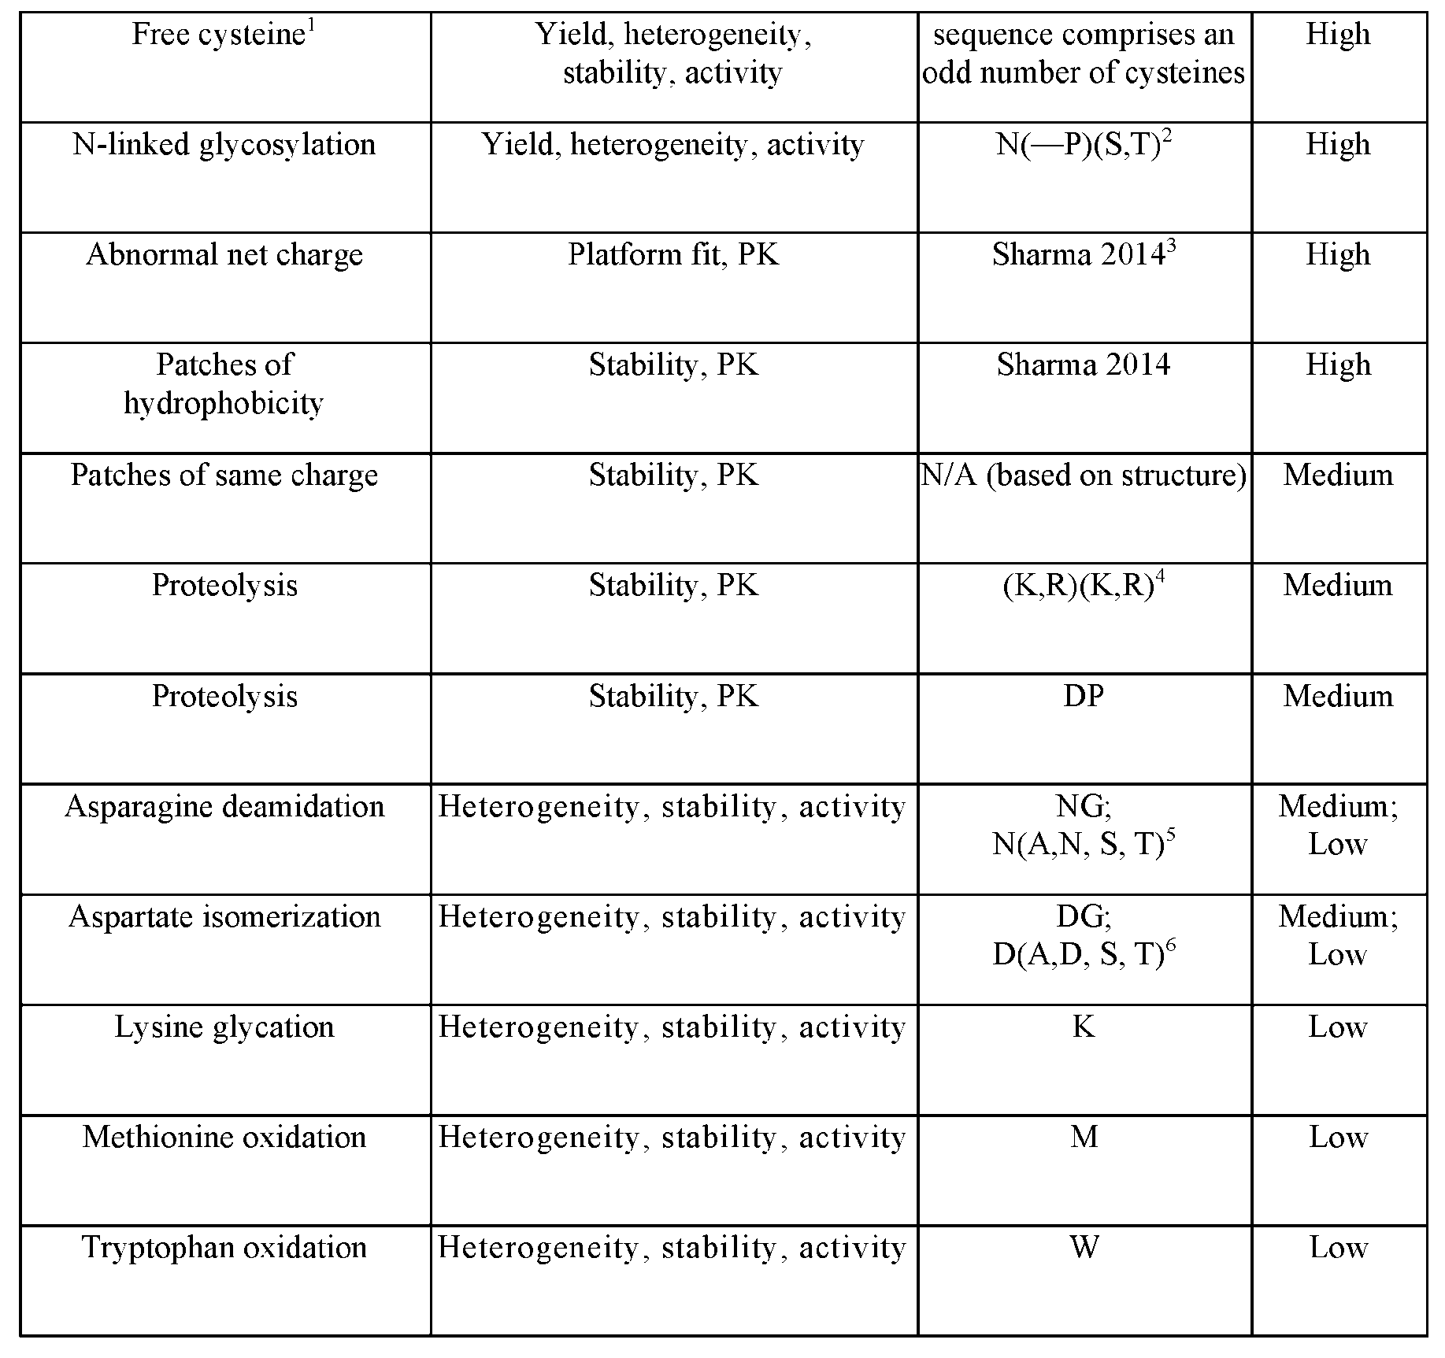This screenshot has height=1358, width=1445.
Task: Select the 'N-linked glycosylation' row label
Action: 224,145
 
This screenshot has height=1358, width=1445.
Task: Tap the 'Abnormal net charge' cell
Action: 224,255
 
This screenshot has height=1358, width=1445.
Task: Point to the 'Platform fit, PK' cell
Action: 673,255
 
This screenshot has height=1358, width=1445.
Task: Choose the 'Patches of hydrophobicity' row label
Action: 224,383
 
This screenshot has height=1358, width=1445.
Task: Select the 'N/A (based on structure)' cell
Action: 1084,475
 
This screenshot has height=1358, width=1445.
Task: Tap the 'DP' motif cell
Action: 1084,696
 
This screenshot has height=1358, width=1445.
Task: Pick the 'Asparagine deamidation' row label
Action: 224,806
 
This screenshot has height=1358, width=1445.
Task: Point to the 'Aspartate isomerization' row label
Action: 224,916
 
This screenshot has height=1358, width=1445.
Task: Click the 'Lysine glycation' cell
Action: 224,1027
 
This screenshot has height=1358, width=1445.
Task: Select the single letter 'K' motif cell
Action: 1084,1027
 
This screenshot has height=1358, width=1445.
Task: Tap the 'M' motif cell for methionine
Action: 1084,1137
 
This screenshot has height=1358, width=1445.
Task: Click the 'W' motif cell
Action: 1084,1247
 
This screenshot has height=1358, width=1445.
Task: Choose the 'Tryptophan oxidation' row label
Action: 224,1247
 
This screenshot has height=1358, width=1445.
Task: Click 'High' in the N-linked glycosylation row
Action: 1338,145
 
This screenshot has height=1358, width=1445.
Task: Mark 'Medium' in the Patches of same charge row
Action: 1338,475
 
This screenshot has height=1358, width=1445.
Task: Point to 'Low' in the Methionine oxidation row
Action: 1338,1137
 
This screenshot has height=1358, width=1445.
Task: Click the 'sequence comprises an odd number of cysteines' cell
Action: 1084,54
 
